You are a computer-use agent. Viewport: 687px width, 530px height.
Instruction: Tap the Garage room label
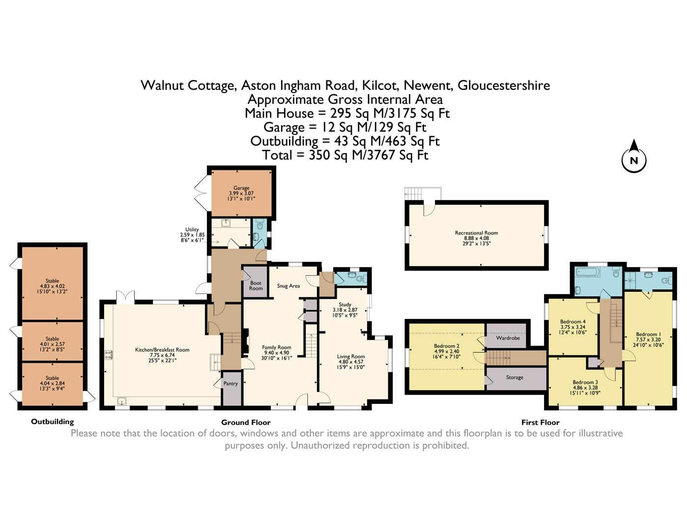tap(241, 188)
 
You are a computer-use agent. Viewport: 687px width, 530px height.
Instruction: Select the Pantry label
tap(230, 384)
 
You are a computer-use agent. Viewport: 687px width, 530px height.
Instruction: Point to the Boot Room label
tap(256, 286)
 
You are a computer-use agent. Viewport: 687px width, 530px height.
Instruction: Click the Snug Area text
tap(288, 286)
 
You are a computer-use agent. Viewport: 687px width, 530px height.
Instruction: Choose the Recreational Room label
tap(476, 233)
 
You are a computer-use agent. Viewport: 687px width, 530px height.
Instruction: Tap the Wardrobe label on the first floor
tap(508, 338)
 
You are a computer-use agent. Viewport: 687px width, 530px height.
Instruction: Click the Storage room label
tap(515, 377)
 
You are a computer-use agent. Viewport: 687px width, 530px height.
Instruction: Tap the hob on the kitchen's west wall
tap(108, 355)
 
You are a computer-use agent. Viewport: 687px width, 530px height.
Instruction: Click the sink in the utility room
tap(226, 223)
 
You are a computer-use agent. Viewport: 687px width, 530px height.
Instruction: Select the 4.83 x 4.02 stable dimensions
tap(52, 286)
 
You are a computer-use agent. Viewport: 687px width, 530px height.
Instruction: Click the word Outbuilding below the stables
tap(52, 422)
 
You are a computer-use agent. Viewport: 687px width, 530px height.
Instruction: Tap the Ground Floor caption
tap(246, 423)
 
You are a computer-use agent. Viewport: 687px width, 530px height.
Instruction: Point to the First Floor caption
tap(540, 423)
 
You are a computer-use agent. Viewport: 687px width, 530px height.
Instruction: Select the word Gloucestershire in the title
tap(504, 85)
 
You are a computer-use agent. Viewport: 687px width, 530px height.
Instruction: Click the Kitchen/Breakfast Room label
tap(162, 350)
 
